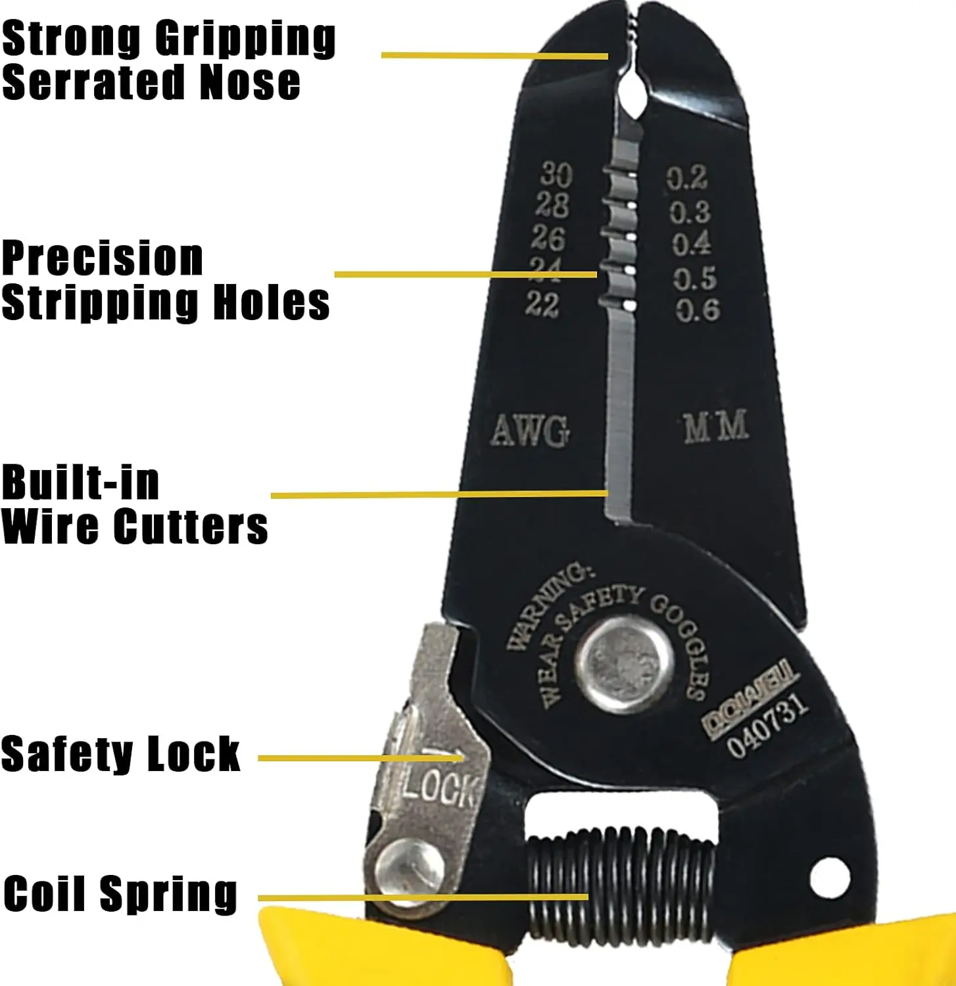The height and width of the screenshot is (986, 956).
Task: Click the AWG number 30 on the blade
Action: (x=556, y=174)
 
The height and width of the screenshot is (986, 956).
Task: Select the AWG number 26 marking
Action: (x=548, y=237)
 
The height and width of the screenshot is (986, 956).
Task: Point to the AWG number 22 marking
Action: (x=542, y=304)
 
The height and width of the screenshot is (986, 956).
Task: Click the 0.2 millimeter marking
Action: (x=687, y=177)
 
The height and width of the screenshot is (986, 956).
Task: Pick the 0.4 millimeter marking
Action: (x=692, y=244)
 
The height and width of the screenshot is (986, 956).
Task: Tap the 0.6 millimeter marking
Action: (x=698, y=310)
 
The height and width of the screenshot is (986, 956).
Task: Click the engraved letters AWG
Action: (x=530, y=431)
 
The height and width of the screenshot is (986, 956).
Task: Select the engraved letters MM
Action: (x=715, y=426)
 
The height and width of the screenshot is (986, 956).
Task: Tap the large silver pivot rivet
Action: (x=624, y=663)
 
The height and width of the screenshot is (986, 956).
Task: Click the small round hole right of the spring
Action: (x=830, y=876)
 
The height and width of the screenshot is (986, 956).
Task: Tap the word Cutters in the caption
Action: (x=190, y=526)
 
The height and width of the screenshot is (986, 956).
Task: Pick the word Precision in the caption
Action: (x=102, y=259)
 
